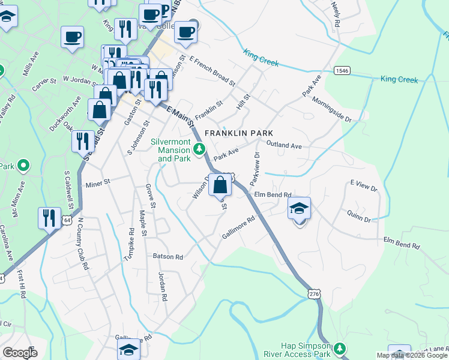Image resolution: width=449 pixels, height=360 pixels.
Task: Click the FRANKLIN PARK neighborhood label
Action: (239, 133)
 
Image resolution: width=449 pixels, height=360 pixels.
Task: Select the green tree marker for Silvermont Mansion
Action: (202, 148)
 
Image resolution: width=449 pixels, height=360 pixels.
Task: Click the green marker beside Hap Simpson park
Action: (340, 348)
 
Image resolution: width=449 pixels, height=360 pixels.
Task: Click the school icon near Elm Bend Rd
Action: (299, 209)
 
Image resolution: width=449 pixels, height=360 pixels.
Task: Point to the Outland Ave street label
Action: (284, 145)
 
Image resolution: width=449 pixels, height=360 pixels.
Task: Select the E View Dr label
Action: (363, 186)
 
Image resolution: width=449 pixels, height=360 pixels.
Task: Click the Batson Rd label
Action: (167, 256)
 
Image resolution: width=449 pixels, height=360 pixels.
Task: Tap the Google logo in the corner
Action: (20, 353)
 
